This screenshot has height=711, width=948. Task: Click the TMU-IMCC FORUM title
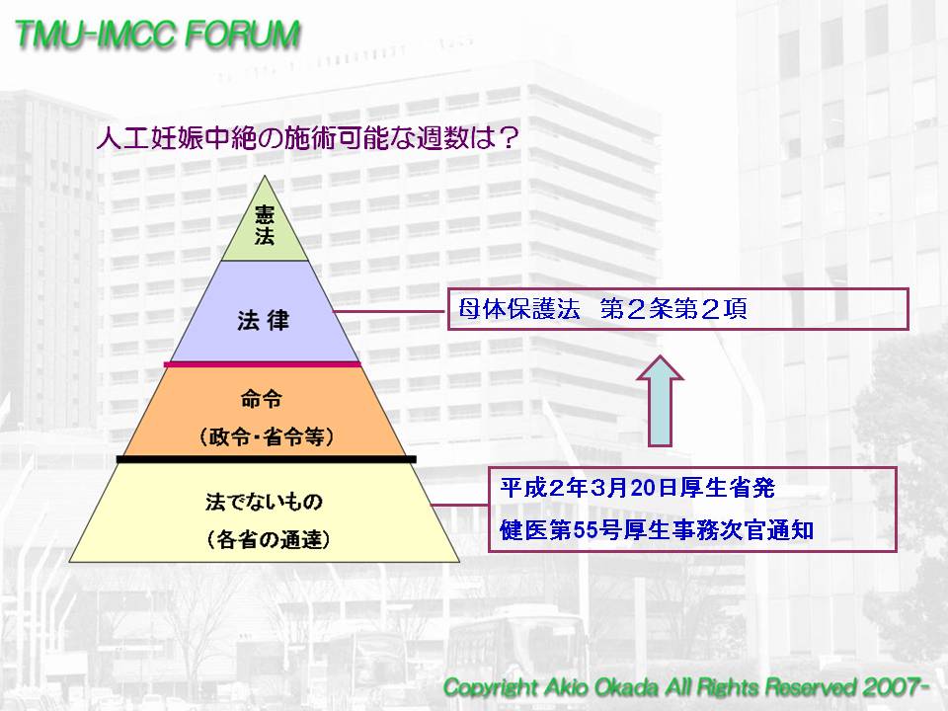click(x=157, y=35)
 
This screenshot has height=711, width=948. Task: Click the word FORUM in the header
click(x=243, y=35)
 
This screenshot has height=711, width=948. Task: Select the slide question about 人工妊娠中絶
click(x=308, y=138)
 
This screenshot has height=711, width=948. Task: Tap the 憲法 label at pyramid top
click(x=265, y=225)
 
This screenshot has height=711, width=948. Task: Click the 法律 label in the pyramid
click(x=264, y=320)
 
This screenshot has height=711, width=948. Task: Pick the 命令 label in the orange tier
click(x=262, y=399)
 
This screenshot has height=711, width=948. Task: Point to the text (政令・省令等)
click(x=266, y=436)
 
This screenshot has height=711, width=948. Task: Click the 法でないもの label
click(x=265, y=502)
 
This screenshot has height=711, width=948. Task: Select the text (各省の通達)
click(x=269, y=539)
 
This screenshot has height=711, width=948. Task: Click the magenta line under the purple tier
click(x=263, y=364)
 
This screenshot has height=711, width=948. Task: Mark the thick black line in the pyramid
click(x=266, y=459)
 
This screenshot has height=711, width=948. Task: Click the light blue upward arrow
click(x=661, y=401)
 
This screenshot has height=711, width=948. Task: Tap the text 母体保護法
click(x=519, y=309)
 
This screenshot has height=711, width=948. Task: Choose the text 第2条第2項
click(x=673, y=309)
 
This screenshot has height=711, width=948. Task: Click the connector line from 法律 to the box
click(x=391, y=312)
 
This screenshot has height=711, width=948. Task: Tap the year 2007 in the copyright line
click(x=890, y=687)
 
